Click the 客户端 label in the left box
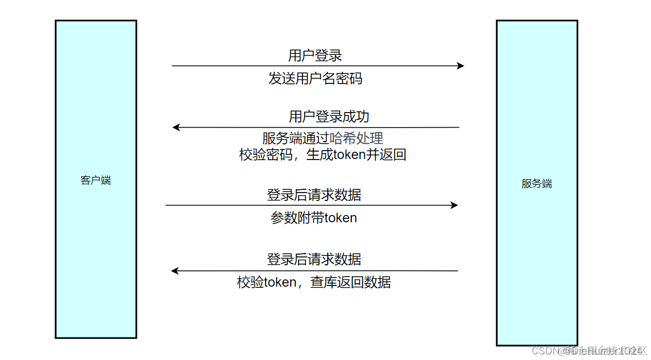pos(95,180)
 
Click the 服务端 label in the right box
pos(537,184)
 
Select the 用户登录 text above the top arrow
pos(315,55)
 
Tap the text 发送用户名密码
pos(315,78)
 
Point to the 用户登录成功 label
pos(329,116)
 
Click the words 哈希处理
pos(356,138)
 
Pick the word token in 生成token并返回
pos(350,155)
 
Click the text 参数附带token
pos(314,218)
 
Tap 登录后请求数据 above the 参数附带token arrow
pos(314,195)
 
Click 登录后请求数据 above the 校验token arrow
pos(314,259)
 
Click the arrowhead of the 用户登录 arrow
pos(461,66)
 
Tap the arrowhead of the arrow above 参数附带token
pos(454,205)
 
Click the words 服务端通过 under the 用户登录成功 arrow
pos(295,138)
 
